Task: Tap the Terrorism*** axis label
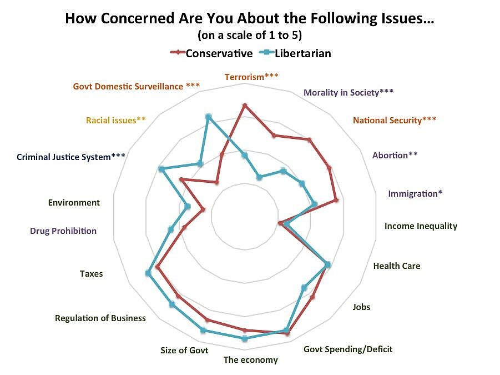click(x=251, y=77)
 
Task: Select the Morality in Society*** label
click(x=349, y=92)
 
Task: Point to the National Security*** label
click(x=394, y=120)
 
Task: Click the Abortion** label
click(x=395, y=155)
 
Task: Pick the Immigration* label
click(x=415, y=193)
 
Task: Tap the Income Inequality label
click(x=421, y=226)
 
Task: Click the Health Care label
click(x=396, y=266)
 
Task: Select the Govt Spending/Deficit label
click(x=348, y=349)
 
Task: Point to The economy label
click(x=250, y=359)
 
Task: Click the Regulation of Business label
click(x=100, y=318)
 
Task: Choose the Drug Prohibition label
click(x=63, y=231)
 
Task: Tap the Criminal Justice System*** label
click(x=71, y=157)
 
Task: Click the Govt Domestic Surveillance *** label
click(x=136, y=86)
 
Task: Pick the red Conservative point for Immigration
click(x=335, y=200)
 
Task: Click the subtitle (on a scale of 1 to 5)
click(x=250, y=35)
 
